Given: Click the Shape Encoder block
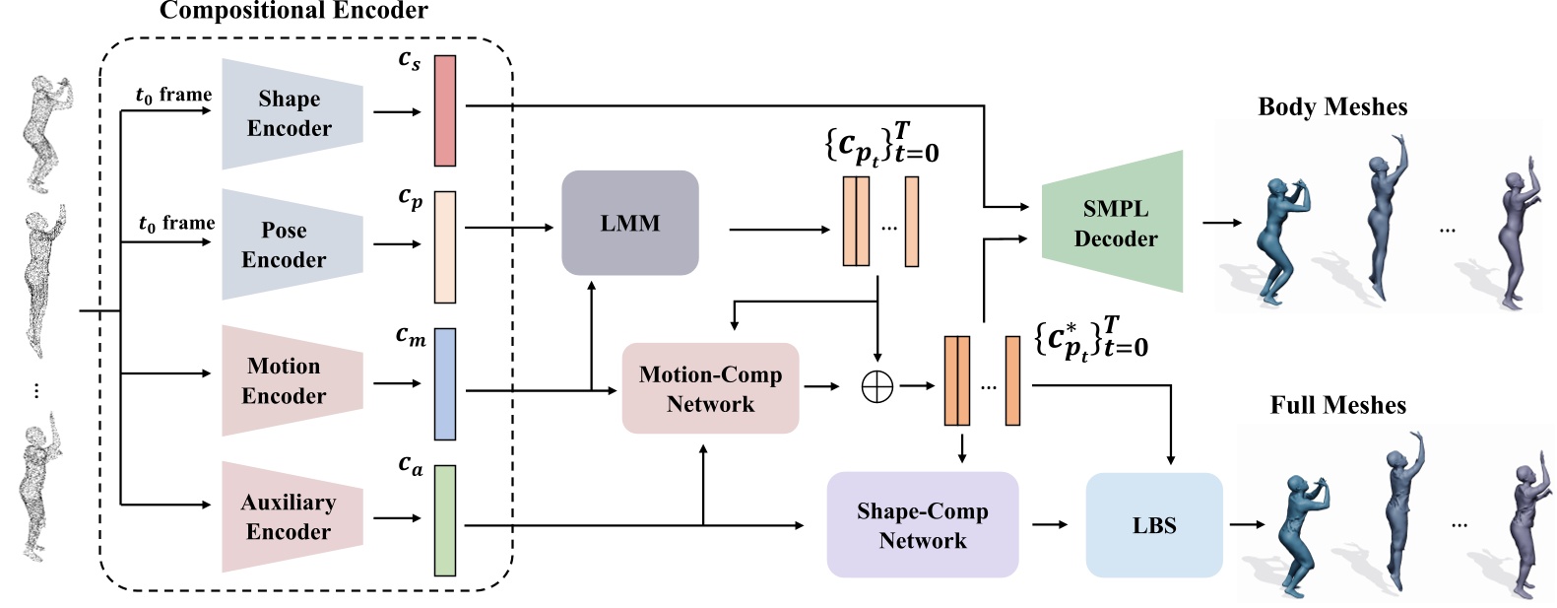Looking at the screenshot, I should (x=292, y=113).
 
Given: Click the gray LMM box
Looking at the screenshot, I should (x=629, y=223).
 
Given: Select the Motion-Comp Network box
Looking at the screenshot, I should (x=710, y=388).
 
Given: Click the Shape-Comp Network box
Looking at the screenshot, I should (x=922, y=524).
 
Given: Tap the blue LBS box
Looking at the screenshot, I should (x=1153, y=525).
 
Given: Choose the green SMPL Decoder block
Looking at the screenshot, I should (x=1113, y=223).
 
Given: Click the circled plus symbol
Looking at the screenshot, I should (x=876, y=386).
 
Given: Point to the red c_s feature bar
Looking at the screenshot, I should (x=445, y=110).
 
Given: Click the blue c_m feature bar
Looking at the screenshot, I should (x=445, y=383).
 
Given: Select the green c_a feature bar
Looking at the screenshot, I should (x=445, y=520).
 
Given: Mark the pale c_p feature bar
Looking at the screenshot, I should (x=445, y=246).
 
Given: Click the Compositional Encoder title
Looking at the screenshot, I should (x=293, y=12).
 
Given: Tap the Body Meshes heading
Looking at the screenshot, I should (x=1331, y=106).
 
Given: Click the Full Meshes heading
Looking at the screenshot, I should (x=1337, y=405).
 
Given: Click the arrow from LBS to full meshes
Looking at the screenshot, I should (x=1246, y=524).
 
